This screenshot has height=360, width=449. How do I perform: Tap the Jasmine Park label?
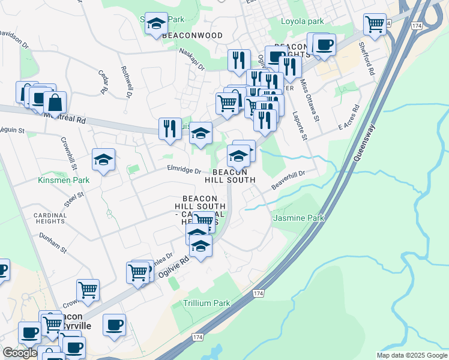click(298, 218)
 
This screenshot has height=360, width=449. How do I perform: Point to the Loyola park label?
click(303, 21)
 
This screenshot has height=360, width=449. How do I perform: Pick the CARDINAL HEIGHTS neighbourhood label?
click(49, 217)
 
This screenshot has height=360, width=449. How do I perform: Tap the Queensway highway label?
click(364, 145)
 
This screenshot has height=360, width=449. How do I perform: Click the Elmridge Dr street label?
click(184, 170)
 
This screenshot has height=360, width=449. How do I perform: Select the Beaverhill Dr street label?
click(289, 179)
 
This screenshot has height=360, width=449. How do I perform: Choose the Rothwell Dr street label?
click(126, 82)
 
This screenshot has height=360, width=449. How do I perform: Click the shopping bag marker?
click(55, 103)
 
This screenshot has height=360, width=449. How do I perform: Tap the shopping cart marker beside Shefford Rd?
click(375, 24)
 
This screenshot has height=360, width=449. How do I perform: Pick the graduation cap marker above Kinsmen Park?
click(103, 160)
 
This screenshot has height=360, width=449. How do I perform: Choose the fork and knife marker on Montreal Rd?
click(170, 127)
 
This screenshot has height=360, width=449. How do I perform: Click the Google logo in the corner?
click(20, 353)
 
